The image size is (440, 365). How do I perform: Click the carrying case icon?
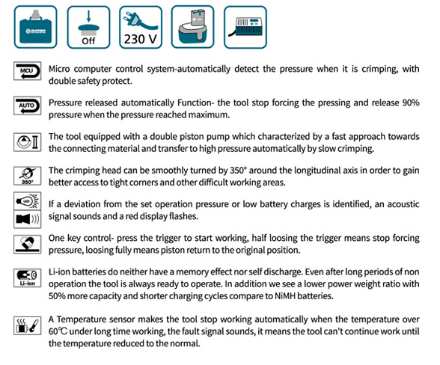tap(36, 27)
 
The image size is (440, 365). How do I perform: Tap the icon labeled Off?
tap(88, 27)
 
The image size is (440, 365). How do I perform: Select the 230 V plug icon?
tap(141, 27)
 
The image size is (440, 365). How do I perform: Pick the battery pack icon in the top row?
tap(193, 27)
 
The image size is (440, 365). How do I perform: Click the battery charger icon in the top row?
tap(245, 27)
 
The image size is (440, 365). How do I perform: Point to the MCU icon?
tap(28, 71)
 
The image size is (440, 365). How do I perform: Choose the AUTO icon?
tap(28, 105)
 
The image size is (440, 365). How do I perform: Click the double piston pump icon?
tap(28, 142)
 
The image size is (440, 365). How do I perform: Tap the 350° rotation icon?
tap(28, 176)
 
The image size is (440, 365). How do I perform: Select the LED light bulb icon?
tap(28, 200)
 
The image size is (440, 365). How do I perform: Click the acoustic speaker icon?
tap(28, 219)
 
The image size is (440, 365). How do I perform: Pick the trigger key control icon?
tap(28, 245)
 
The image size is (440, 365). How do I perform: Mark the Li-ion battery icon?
tap(28, 277)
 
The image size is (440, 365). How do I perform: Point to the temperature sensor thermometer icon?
tap(28, 325)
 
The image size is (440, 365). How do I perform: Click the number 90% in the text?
tap(411, 102)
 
